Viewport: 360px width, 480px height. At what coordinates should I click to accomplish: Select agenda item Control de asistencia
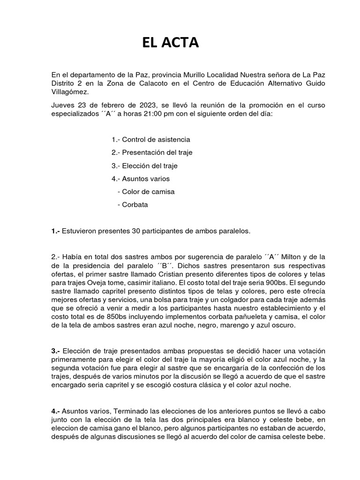point(151,140)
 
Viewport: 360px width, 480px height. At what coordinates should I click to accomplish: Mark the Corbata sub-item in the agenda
point(135,205)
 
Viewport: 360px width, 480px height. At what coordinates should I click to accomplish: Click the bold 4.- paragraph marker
point(56,411)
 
